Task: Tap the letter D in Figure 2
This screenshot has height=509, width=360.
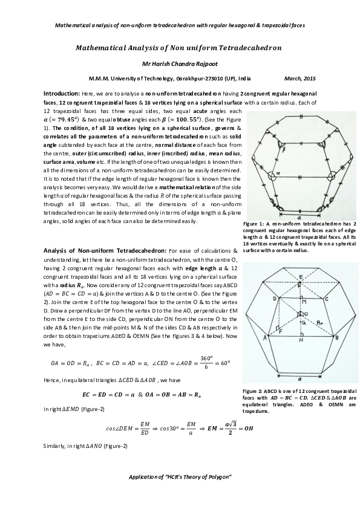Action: click(x=275, y=298)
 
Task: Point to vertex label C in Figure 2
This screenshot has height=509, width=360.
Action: click(x=326, y=299)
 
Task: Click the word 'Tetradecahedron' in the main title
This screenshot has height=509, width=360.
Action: click(x=249, y=47)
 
